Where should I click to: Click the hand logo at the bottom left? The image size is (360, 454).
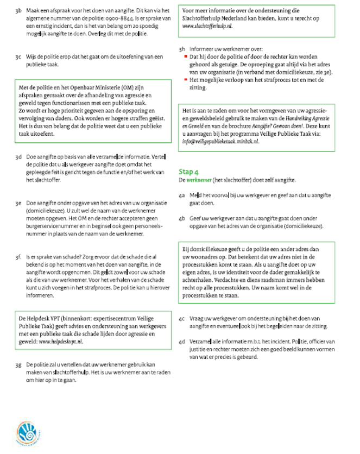(25, 433)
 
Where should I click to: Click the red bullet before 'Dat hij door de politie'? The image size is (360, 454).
(186, 56)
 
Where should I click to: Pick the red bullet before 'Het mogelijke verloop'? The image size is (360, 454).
(186, 80)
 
